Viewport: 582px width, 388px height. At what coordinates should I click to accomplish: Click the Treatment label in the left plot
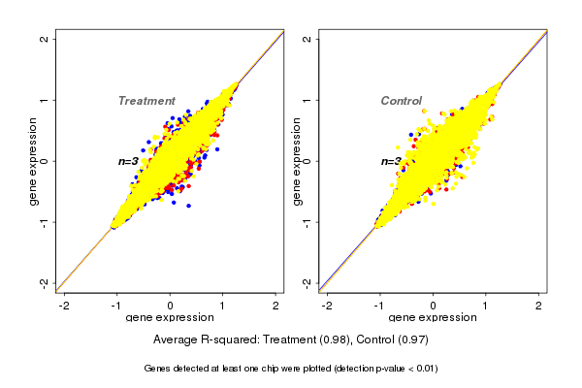146,101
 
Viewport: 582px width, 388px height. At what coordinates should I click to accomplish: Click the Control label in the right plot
401,101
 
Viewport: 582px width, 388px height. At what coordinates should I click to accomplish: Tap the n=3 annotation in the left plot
129,161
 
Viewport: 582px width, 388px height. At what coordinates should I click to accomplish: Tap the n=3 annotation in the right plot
391,162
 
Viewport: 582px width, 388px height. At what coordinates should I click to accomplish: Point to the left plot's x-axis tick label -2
64,306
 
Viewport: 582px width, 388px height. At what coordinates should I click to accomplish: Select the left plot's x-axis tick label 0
171,306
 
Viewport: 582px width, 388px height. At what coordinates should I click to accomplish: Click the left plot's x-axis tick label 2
276,306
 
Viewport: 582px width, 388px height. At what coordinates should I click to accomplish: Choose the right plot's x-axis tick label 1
487,306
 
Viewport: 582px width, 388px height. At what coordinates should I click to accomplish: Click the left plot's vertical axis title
33,161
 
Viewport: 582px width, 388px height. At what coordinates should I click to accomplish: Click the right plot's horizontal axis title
433,318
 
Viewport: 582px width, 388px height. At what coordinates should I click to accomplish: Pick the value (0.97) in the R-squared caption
410,340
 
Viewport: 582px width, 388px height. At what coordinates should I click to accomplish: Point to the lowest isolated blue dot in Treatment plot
189,206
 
